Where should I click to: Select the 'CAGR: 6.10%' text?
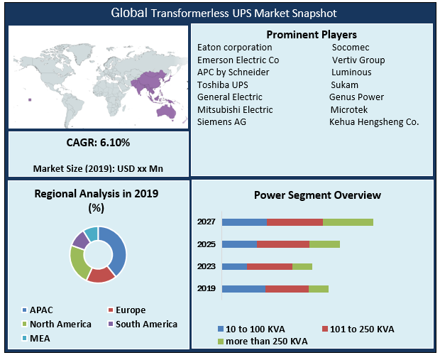coord(99,143)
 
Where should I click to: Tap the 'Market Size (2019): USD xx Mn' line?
coord(99,168)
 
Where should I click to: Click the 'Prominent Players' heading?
coord(311,35)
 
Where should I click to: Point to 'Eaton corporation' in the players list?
coord(234,48)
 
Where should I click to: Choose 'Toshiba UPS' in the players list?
coord(223,84)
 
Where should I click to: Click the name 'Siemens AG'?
coord(221,121)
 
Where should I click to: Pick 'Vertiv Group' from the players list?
coord(359,60)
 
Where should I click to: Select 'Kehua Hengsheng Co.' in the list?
coord(374,121)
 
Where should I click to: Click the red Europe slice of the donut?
coord(101,274)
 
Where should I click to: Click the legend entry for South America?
coord(141,324)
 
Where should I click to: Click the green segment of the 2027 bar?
coord(348,222)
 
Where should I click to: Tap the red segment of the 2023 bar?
coord(270,266)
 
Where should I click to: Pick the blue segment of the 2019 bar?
coord(243,289)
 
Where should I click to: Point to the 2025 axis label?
coord(207,244)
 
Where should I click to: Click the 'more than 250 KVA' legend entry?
coord(263,342)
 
